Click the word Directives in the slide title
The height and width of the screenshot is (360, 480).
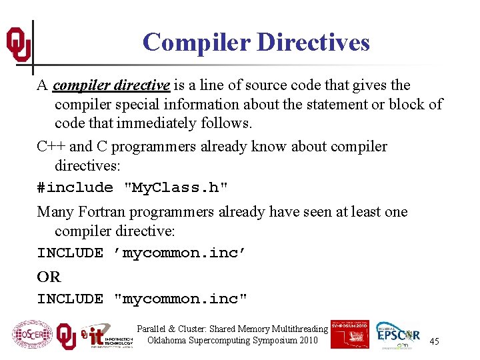click(x=313, y=42)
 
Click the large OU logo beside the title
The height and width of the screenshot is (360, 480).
click(x=18, y=44)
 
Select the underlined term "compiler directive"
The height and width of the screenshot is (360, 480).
click(x=111, y=85)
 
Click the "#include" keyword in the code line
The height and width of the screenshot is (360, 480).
click(x=75, y=188)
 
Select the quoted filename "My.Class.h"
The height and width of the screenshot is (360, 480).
click(x=177, y=188)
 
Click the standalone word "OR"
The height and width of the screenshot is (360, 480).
click(x=49, y=277)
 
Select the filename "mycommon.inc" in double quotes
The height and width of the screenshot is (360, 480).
click(x=181, y=299)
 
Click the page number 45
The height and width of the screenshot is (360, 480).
click(x=434, y=341)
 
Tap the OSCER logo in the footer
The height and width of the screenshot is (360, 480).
click(x=31, y=335)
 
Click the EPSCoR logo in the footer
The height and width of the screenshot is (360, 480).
click(x=398, y=335)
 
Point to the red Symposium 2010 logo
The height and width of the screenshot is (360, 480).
click(x=349, y=334)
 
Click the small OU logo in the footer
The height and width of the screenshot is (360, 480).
click(x=65, y=335)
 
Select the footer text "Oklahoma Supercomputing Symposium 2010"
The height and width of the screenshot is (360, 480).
click(x=232, y=341)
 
